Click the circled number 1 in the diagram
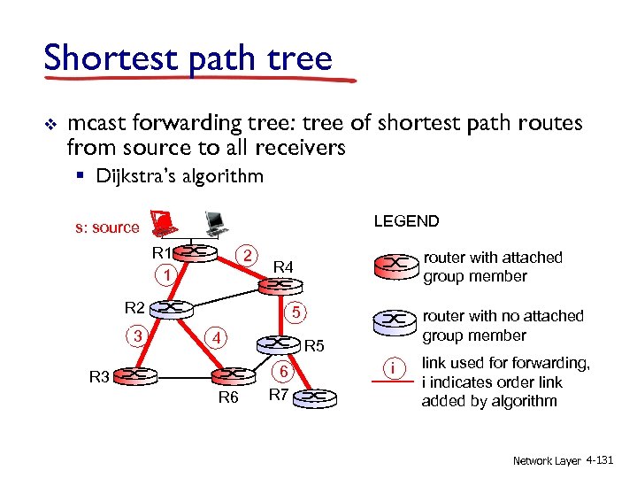(165, 276)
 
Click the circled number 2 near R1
(251, 256)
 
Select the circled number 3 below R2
(136, 335)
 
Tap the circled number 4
(214, 337)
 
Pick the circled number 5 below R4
(298, 313)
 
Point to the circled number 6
(281, 373)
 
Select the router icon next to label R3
(134, 375)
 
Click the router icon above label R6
(229, 374)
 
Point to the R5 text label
(315, 346)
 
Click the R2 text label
(134, 308)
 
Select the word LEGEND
(406, 220)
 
